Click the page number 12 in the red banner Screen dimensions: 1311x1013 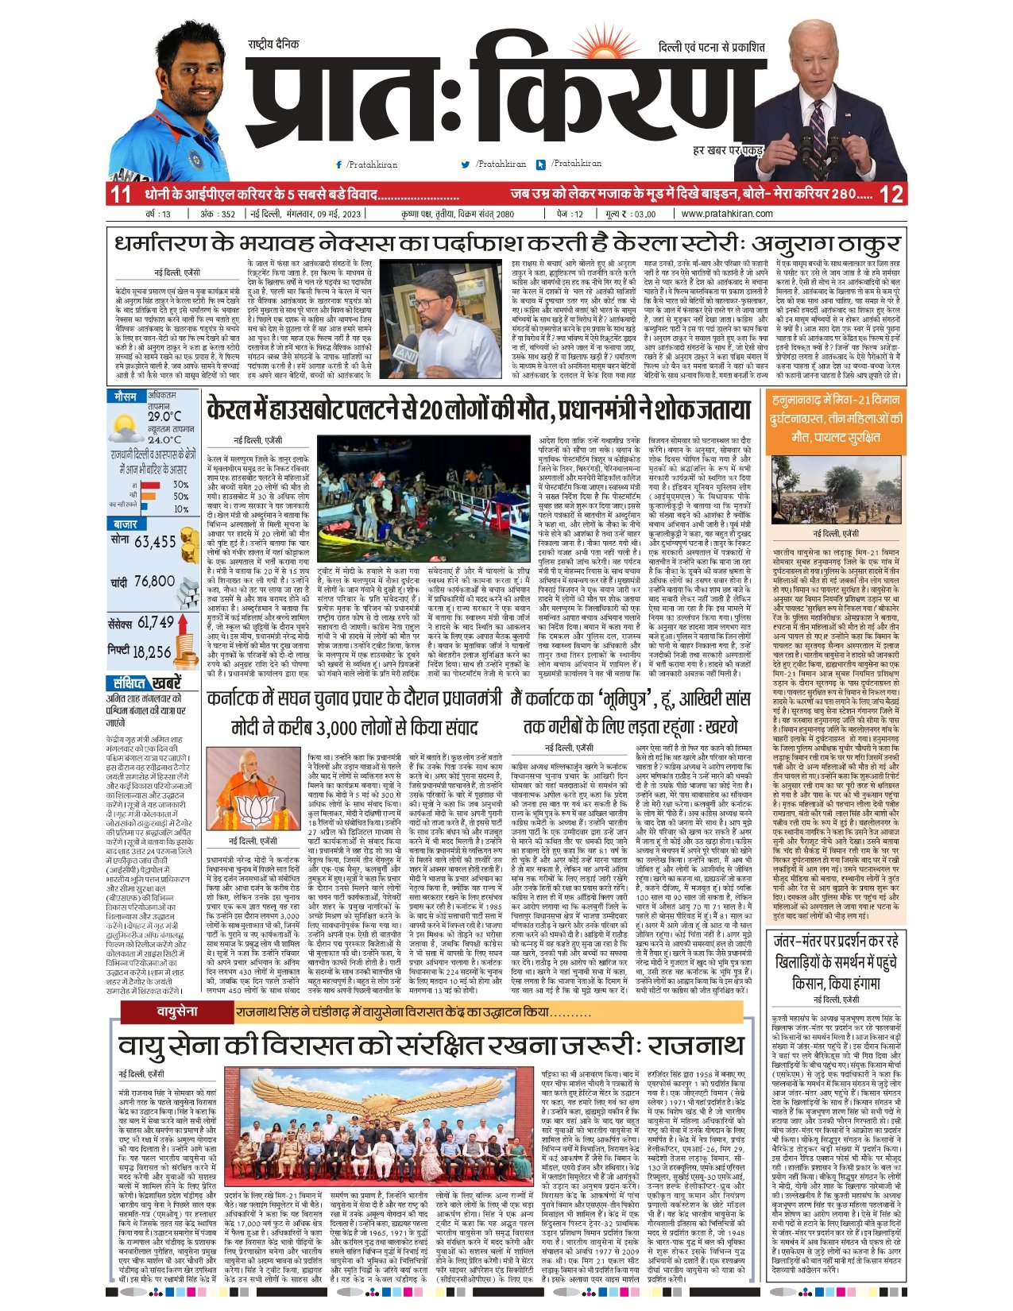(x=891, y=195)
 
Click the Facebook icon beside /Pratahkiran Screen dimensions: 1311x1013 (x=339, y=165)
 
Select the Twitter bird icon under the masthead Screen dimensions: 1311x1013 (x=466, y=165)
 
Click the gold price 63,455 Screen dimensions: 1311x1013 (x=155, y=542)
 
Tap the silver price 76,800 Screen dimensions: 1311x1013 (x=154, y=582)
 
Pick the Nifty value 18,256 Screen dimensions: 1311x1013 (x=152, y=652)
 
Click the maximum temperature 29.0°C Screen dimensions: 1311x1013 (x=164, y=416)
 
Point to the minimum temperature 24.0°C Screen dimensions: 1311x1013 (x=164, y=439)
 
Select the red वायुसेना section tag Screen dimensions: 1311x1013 (x=176, y=1011)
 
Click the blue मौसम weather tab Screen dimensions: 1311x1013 (x=126, y=396)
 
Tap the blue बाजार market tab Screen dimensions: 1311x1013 (x=126, y=525)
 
